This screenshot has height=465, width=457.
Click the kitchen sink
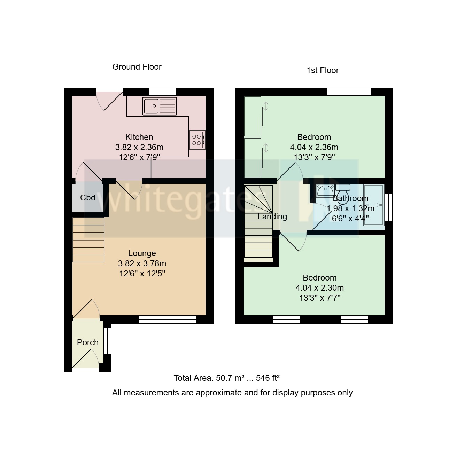point(160,106)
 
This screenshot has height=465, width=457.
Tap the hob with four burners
point(197,140)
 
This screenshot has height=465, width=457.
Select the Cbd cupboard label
point(87,198)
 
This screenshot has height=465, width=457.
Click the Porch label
point(87,342)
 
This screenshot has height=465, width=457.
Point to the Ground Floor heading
point(137,67)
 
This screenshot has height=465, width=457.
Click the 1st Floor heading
point(322,70)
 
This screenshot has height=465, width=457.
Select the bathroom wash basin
point(325,191)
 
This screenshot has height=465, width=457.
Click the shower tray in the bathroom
point(373,205)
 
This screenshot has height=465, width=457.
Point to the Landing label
point(272,216)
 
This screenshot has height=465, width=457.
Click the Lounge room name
point(142,253)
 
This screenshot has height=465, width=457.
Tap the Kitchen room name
point(139,137)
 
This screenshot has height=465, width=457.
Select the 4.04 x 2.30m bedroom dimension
point(319,288)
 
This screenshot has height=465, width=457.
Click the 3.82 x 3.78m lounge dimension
point(142,263)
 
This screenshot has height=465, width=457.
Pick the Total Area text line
point(227,378)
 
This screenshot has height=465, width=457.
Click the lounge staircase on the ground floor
point(88,240)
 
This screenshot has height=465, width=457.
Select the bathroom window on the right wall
point(390,207)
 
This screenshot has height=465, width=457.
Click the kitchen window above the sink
point(162,92)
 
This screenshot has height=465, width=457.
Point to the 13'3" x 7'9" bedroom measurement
point(314,157)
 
